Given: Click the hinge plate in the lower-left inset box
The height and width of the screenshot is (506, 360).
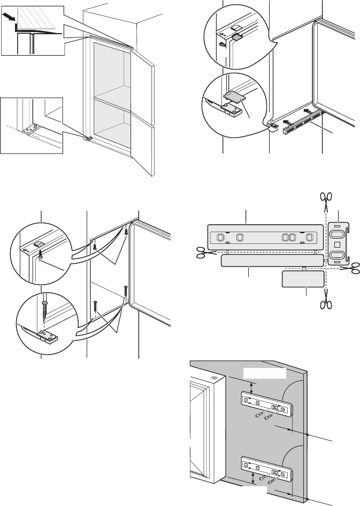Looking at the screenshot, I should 29,129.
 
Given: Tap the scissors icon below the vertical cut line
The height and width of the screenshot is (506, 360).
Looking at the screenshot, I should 325,304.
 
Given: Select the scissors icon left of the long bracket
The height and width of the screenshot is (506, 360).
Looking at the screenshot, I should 201,252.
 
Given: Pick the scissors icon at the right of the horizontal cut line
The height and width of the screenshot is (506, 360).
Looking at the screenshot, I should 353,267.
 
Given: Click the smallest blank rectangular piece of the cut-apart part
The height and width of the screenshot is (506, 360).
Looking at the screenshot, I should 303,279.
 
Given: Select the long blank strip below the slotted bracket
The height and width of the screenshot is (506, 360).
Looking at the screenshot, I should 272,260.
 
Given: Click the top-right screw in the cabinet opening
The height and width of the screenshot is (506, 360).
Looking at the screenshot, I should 126,232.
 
